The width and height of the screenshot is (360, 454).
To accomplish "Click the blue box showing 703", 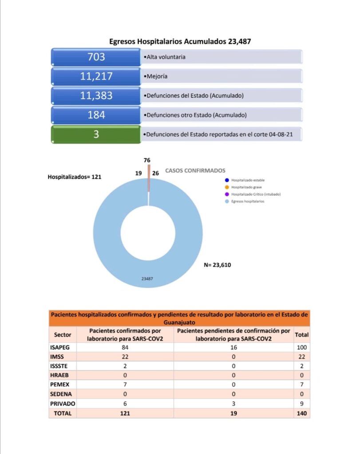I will (96, 57).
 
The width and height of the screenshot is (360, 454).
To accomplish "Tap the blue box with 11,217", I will (96, 76).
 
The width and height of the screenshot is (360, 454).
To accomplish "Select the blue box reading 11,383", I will (96, 95).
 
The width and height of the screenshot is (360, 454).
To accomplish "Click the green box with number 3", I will (96, 134).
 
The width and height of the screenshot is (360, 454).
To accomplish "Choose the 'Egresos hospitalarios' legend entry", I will (248, 201).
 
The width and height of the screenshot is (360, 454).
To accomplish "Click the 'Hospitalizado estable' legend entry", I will (247, 180).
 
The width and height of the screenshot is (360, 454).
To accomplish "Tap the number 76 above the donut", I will (148, 160).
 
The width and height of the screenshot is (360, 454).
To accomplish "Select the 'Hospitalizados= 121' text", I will (75, 176).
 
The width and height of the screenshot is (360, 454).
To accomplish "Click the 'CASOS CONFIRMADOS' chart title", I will (195, 170).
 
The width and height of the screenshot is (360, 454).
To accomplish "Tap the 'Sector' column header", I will (63, 335).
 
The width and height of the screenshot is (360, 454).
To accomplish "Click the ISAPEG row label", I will (59, 347).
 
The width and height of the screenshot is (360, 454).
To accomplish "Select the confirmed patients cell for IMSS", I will (125, 357).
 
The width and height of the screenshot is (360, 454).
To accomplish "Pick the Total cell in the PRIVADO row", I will (302, 404).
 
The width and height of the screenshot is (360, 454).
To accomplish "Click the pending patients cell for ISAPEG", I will (233, 347).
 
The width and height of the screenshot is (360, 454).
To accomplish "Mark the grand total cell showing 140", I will (302, 413).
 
